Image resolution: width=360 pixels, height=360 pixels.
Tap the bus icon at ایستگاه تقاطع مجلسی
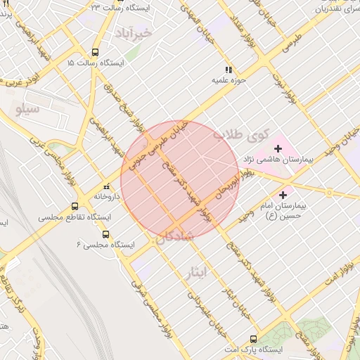(x=75, y=206)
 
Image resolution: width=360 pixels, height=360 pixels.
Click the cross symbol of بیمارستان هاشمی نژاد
(x=278, y=148)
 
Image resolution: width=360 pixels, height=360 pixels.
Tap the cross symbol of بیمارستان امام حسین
(x=283, y=195)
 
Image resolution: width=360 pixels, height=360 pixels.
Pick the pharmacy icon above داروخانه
(x=107, y=187)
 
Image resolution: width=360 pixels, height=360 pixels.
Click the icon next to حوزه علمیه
(x=228, y=70)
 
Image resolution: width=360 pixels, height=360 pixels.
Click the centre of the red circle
(x=180, y=180)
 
